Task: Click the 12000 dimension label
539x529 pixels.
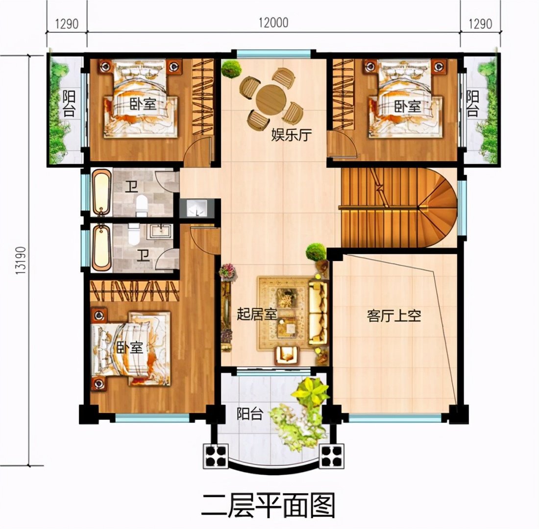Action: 273,23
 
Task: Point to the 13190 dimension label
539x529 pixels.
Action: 21,260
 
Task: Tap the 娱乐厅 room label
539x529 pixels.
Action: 292,135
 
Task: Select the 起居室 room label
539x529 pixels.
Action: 257,314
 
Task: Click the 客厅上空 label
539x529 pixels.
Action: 394,315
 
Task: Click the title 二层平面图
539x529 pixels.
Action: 268,505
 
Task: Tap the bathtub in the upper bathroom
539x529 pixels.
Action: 101,192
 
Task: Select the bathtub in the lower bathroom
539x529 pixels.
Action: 102,247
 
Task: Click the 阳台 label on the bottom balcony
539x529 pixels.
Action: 250,414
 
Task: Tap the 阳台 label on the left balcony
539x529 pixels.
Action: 69,103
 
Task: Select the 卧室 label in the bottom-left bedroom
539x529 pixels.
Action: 129,347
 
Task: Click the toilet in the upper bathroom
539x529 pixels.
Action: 142,206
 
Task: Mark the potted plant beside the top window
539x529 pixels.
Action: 231,69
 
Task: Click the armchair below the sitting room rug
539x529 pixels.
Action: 286,355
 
